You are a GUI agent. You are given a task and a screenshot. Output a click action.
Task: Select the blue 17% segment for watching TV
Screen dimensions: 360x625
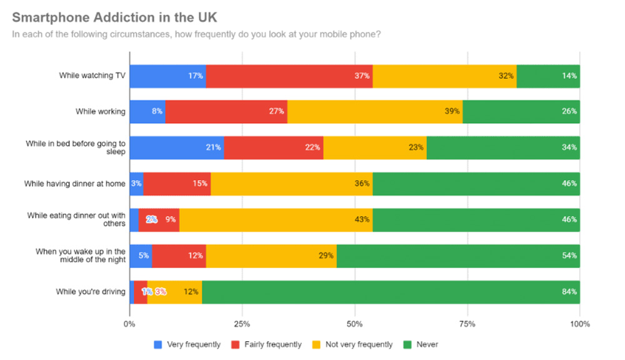(167, 76)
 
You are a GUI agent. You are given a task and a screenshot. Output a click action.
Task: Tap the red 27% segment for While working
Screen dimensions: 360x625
(226, 111)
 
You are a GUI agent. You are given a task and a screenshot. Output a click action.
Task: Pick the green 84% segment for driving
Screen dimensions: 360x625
(391, 292)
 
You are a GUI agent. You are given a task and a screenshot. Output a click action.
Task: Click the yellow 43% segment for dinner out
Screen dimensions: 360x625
(276, 220)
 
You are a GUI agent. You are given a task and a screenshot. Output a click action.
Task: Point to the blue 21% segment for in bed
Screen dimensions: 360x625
(176, 147)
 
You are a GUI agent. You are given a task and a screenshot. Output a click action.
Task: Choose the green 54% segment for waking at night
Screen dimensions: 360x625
(458, 256)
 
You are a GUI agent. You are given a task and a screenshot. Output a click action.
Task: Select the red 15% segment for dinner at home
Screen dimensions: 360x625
(177, 184)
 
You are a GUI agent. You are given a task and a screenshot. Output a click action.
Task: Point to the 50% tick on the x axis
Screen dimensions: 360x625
(354, 324)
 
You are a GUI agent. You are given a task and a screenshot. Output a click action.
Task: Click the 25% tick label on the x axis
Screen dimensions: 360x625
(242, 324)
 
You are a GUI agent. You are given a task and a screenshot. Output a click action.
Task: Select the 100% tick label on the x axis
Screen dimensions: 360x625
(580, 324)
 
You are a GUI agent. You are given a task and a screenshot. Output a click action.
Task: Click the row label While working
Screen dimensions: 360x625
(100, 111)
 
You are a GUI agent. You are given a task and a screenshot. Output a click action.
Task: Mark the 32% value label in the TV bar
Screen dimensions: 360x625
(506, 76)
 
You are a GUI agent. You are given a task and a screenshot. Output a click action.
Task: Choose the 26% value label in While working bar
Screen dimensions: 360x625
(569, 111)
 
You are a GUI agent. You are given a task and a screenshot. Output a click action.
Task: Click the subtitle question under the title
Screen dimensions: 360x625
(197, 34)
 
